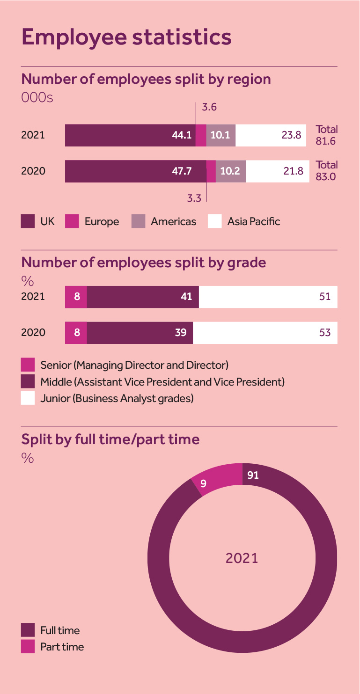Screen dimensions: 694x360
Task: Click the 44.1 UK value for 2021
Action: tap(182, 135)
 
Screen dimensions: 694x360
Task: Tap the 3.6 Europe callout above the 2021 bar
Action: tap(209, 108)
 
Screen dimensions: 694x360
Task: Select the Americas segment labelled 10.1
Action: tap(220, 135)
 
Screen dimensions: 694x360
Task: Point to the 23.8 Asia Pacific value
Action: tap(292, 135)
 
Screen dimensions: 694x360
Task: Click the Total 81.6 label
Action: tap(326, 135)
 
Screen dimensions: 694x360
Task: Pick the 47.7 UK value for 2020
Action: tap(182, 171)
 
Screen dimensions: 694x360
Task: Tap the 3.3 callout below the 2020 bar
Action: tap(194, 198)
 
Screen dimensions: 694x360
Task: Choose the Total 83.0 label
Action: tap(326, 171)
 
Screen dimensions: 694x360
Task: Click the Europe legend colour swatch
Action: tap(72, 221)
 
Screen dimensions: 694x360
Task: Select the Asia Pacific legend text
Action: tap(253, 221)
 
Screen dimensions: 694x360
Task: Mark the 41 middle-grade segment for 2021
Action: tap(186, 297)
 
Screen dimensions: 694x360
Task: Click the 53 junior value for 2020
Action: tap(325, 333)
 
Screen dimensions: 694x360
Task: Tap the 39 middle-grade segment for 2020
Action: tap(181, 333)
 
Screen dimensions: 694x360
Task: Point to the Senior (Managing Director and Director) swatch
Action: tap(28, 365)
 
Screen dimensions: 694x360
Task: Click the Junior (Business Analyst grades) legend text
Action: tap(117, 398)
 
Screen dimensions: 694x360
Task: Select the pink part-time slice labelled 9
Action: tap(204, 483)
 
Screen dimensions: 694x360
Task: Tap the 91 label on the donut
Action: tap(253, 475)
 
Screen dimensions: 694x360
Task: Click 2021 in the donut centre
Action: tap(242, 558)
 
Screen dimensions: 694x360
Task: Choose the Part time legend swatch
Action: tap(28, 647)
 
